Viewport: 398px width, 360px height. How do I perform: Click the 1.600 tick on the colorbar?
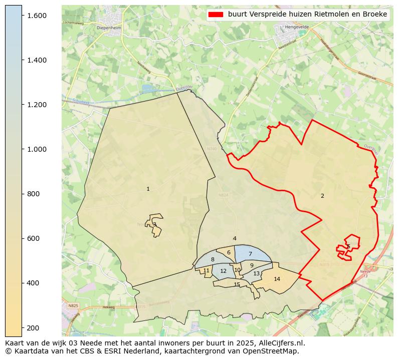tap(22, 16)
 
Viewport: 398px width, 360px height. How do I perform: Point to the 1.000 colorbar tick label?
tap(37, 149)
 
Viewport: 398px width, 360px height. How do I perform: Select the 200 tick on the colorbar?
tap(22, 327)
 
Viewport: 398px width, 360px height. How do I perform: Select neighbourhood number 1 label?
tap(148, 189)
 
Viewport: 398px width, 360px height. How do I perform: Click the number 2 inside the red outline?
tap(322, 196)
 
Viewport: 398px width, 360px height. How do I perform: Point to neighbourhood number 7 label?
tap(250, 254)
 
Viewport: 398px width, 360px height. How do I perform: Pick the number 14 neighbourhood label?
tap(277, 279)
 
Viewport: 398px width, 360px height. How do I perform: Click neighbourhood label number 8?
tap(213, 259)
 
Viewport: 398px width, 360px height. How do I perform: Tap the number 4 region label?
tap(235, 238)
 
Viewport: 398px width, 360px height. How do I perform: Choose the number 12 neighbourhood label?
tap(223, 271)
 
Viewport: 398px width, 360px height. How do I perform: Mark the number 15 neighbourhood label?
tap(237, 284)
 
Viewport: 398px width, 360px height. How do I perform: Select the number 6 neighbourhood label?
tap(229, 252)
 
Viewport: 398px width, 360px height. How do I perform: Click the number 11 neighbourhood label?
tap(206, 270)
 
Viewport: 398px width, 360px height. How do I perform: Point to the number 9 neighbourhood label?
tap(252, 265)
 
